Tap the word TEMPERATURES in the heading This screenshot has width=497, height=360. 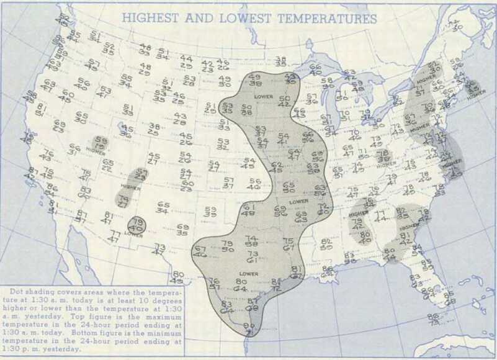(327, 18)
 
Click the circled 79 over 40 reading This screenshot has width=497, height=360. (137, 225)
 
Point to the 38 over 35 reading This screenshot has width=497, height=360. (280, 61)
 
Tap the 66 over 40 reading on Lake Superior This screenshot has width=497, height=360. (315, 70)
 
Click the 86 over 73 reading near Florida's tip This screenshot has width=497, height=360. (433, 319)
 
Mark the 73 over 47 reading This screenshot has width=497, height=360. (159, 250)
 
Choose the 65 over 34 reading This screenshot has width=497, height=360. (163, 207)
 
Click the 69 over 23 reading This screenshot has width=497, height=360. (59, 127)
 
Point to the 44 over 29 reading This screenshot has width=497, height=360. (186, 61)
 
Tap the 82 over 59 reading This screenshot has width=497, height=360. (326, 244)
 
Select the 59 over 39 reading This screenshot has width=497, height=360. (210, 212)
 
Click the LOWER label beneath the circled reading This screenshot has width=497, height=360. (133, 235)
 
